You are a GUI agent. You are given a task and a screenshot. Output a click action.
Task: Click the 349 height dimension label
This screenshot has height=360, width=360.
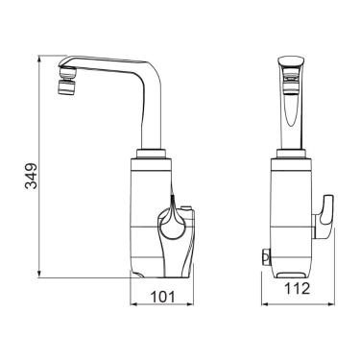coord(32,176)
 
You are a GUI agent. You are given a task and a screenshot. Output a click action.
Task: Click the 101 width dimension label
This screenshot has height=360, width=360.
coord(163,297)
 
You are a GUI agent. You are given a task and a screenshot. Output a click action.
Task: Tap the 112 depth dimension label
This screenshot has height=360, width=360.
coord(298,289)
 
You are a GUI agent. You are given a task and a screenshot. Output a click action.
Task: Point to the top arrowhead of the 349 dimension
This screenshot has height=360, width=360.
coord(39,59)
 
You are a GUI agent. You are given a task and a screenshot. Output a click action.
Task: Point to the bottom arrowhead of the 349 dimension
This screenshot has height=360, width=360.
coord(39,274)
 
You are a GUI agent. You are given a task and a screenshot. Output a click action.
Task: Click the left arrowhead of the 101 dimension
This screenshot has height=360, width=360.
coord(133,303)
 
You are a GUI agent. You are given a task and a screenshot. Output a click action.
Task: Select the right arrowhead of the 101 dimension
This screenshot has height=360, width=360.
coord(190,303)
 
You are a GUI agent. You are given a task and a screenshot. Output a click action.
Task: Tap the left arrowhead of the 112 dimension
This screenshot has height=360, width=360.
coord(265,303)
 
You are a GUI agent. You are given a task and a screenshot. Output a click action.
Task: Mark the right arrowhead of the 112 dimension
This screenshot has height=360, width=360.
coord(330,303)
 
